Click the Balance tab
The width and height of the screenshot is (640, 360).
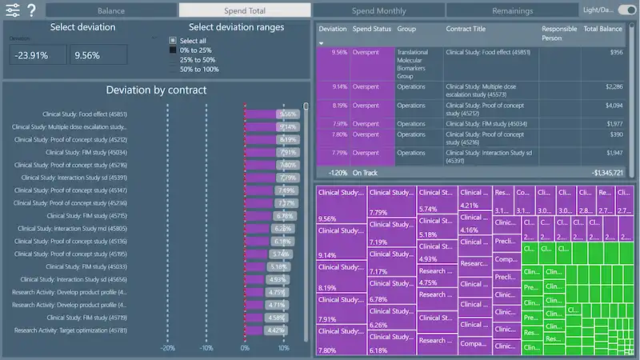pos(110,11)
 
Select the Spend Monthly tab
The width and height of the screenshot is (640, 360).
pos(378,11)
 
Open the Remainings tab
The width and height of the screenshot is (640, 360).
pos(512,11)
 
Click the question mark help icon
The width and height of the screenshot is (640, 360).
pos(31,11)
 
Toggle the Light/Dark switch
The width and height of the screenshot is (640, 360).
pos(626,10)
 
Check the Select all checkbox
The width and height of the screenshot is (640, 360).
pos(172,41)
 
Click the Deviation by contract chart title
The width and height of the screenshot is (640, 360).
pos(156,90)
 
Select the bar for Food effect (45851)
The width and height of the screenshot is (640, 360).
pos(264,114)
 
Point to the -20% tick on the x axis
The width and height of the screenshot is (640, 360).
pos(167,348)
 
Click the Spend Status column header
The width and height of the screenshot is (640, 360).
pos(372,29)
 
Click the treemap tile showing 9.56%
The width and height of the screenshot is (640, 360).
pos(341,206)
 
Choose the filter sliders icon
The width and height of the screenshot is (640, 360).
pos(12,11)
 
